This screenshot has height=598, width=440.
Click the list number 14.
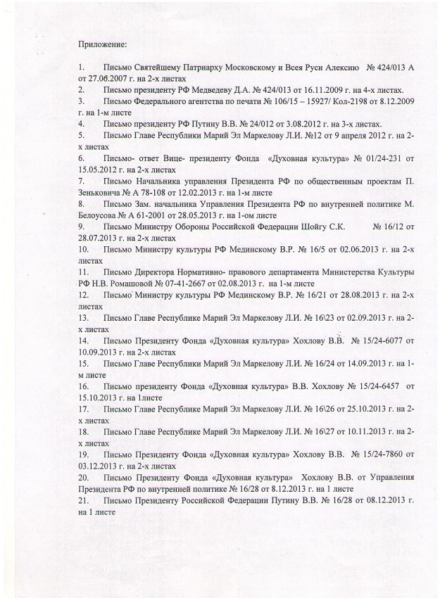84,340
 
